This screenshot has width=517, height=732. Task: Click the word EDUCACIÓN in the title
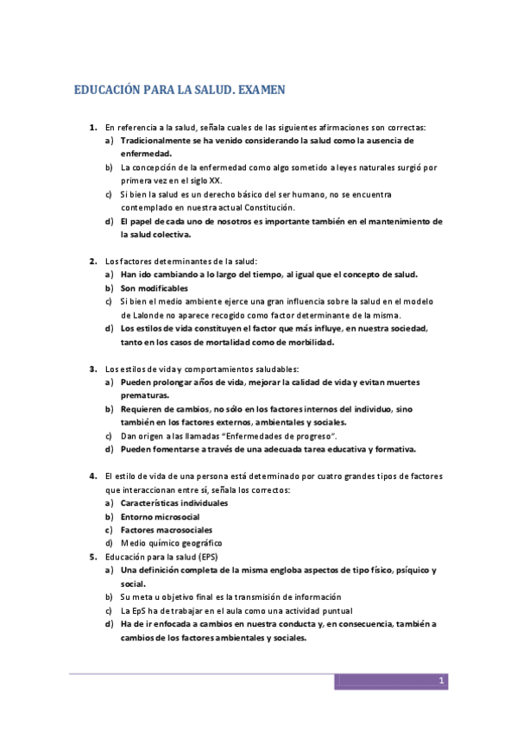coord(107,89)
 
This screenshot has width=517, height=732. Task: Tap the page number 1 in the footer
coord(440,681)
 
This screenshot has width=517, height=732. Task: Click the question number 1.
coord(92,127)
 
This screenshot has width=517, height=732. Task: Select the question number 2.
coord(92,261)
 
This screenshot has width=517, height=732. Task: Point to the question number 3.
coord(92,369)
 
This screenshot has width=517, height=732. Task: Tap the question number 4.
coord(92,476)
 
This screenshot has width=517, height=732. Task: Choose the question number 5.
coord(92,557)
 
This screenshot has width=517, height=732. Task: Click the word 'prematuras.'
coord(145,395)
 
